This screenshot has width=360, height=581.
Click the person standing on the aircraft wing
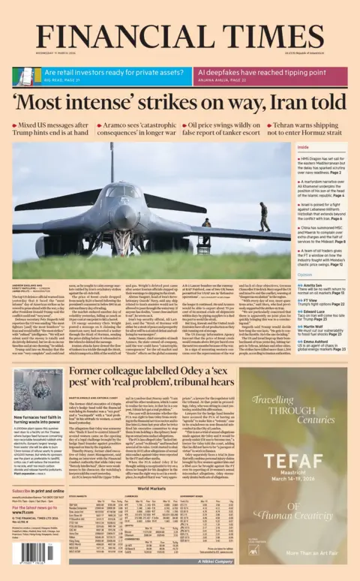[262, 216]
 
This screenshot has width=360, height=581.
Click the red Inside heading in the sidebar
[282, 147]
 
